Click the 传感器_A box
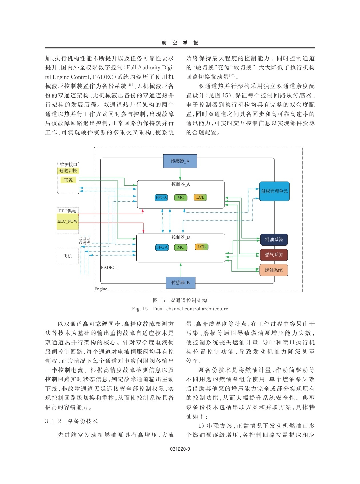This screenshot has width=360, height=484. [180, 161]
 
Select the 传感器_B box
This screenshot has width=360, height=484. [181, 283]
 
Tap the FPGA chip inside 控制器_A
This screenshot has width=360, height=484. [161, 198]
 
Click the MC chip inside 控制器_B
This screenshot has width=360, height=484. [181, 247]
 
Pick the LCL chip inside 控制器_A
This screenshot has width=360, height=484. [200, 198]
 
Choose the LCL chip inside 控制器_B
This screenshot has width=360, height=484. [201, 247]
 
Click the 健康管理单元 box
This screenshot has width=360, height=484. [274, 191]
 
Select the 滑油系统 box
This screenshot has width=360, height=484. [274, 240]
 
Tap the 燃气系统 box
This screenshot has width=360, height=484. [274, 255]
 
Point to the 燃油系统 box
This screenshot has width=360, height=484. [274, 270]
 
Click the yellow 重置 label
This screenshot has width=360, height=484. [68, 180]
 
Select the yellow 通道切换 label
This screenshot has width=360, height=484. [68, 171]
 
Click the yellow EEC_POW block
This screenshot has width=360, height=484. [68, 222]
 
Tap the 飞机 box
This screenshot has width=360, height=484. [68, 256]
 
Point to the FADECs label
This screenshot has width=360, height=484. [109, 268]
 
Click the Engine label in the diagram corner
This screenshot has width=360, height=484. [101, 289]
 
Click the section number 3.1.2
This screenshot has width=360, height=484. [53, 421]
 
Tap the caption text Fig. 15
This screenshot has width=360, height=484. [140, 309]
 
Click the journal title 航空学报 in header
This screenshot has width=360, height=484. [180, 43]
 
